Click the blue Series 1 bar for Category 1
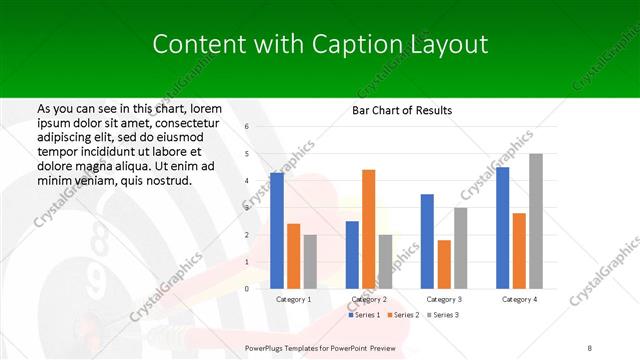coord(277,231)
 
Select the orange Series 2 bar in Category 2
coord(368,229)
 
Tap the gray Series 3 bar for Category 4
coord(535,221)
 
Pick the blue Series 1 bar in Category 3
coord(427,241)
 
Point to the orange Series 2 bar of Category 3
coord(444,264)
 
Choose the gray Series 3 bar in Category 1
coord(310,261)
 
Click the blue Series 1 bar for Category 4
coord(502,228)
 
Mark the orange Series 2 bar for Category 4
coord(519,251)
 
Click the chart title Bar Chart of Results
coord(401,110)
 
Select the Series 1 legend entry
coord(365,315)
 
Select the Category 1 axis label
coord(293,299)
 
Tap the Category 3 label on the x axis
coord(444,299)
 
